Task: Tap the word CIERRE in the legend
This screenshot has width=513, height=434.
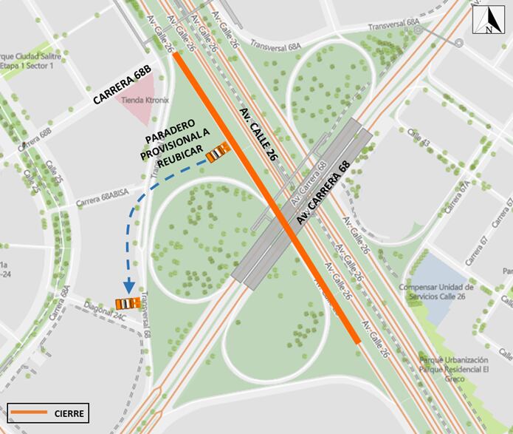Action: point(70,413)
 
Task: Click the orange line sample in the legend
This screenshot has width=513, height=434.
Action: point(29,413)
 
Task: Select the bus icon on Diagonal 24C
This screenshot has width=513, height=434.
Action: point(128,302)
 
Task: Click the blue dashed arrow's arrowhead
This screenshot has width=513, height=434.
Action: point(128,287)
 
